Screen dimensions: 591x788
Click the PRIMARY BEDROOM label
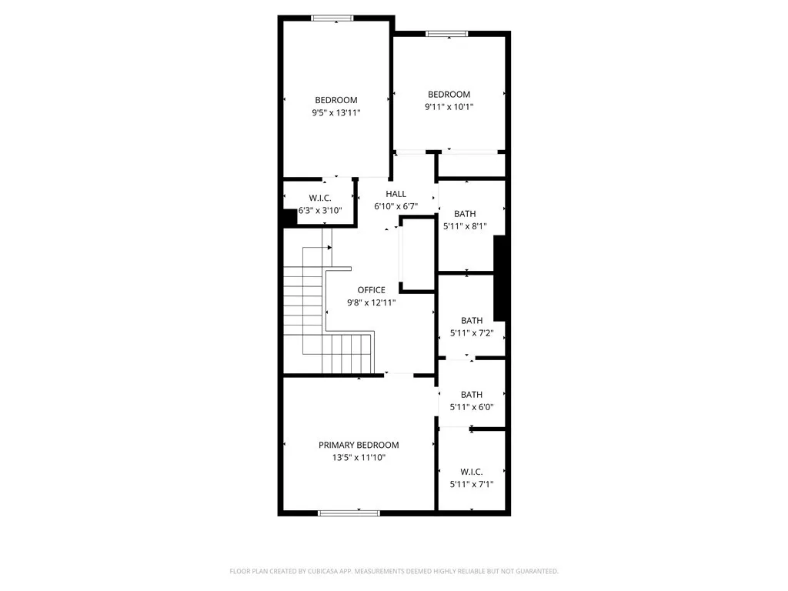click(x=359, y=445)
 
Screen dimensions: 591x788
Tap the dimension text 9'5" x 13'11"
click(x=336, y=112)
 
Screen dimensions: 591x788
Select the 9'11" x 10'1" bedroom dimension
click(x=449, y=107)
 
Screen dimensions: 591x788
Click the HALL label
click(x=396, y=194)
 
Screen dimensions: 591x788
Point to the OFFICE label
click(x=371, y=290)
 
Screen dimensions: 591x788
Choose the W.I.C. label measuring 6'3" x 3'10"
click(x=320, y=198)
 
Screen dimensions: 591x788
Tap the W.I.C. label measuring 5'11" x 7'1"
click(x=472, y=472)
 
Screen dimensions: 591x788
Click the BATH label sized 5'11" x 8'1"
click(x=465, y=214)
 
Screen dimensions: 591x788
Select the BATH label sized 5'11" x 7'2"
click(x=472, y=321)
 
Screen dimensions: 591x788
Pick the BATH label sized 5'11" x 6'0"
click(x=472, y=395)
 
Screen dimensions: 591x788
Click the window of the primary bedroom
click(x=349, y=513)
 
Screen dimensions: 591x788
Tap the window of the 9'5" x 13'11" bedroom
click(x=333, y=18)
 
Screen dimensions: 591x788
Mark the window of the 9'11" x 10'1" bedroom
click(x=447, y=33)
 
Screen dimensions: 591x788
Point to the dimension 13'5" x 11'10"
click(x=359, y=457)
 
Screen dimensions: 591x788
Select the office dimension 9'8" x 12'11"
click(x=371, y=302)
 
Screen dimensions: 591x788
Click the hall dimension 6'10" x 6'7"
click(x=396, y=206)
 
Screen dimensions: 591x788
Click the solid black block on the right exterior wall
click(x=499, y=278)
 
